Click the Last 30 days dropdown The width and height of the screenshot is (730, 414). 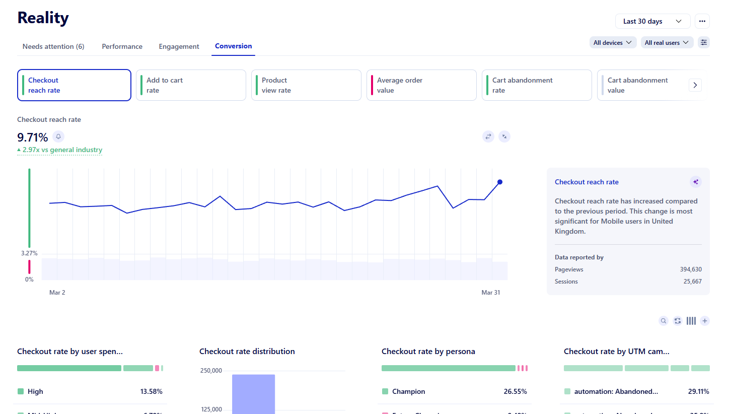tap(652, 21)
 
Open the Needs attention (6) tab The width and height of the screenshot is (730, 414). tap(53, 46)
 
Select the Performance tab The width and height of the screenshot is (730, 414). tap(122, 46)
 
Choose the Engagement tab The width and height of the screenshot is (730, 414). tap(179, 46)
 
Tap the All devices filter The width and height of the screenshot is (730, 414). tap(613, 43)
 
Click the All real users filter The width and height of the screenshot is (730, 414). tap(667, 43)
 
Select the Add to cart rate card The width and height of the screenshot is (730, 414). tap(191, 85)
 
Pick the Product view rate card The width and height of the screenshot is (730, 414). tap(306, 85)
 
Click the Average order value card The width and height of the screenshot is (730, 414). tap(421, 85)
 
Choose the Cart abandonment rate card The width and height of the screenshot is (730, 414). tap(537, 85)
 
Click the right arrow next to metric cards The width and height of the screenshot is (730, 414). tap(695, 85)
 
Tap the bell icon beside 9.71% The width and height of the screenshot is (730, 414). tap(58, 136)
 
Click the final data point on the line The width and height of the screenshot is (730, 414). tap(499, 182)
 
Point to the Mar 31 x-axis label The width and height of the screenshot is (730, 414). tap(490, 293)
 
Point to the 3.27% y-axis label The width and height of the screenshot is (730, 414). tap(29, 253)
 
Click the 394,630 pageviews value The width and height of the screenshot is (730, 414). tap(691, 269)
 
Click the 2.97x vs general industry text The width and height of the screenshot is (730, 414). tap(62, 150)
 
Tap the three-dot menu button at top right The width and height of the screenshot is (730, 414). tap(702, 21)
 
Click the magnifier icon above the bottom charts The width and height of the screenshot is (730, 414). tap(664, 321)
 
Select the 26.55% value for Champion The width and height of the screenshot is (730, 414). tap(515, 391)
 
